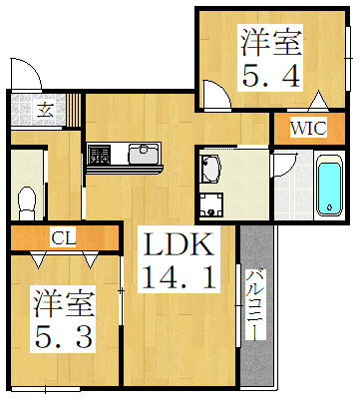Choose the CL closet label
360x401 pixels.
[x=62, y=237]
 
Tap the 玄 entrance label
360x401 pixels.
[x=45, y=109]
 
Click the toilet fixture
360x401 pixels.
[x=27, y=195]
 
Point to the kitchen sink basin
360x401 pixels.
[x=144, y=156]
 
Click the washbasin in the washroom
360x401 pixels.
[x=210, y=170]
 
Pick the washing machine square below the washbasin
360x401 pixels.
[x=210, y=206]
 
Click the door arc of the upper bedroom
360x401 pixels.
[x=213, y=93]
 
